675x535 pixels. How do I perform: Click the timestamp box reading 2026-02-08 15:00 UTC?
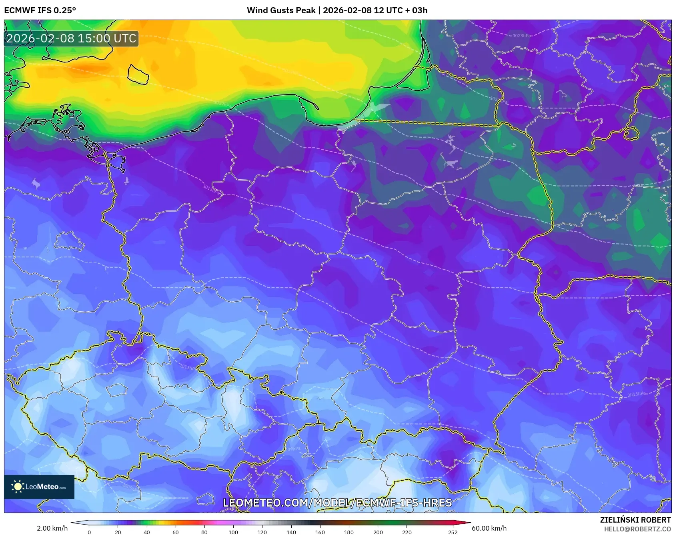(x=71, y=38)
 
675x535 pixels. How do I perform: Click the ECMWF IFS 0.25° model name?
(x=40, y=10)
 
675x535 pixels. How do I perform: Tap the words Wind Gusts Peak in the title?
(x=281, y=10)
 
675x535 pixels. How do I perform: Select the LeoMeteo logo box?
(x=39, y=487)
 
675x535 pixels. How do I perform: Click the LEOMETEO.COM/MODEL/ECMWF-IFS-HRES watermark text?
(x=337, y=503)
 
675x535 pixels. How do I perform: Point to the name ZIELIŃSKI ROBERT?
(x=635, y=520)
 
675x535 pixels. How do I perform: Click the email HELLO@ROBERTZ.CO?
(x=637, y=529)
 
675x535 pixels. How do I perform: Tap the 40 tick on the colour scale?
(x=147, y=532)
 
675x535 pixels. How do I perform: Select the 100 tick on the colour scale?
(x=233, y=532)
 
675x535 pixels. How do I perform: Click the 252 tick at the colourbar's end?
(x=453, y=532)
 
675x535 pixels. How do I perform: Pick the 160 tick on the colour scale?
(x=320, y=532)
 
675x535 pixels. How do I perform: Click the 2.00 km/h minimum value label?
(x=52, y=528)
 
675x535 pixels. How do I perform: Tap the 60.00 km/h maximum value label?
(x=489, y=528)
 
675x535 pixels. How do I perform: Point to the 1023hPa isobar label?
(x=521, y=36)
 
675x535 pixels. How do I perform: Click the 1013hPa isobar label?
(x=637, y=394)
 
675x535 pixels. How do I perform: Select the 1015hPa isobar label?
(x=212, y=188)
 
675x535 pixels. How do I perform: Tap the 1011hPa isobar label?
(x=188, y=367)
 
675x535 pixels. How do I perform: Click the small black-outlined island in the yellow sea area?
(x=138, y=74)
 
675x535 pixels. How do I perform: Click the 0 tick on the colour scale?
(x=89, y=532)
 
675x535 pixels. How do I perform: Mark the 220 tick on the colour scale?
(x=407, y=532)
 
